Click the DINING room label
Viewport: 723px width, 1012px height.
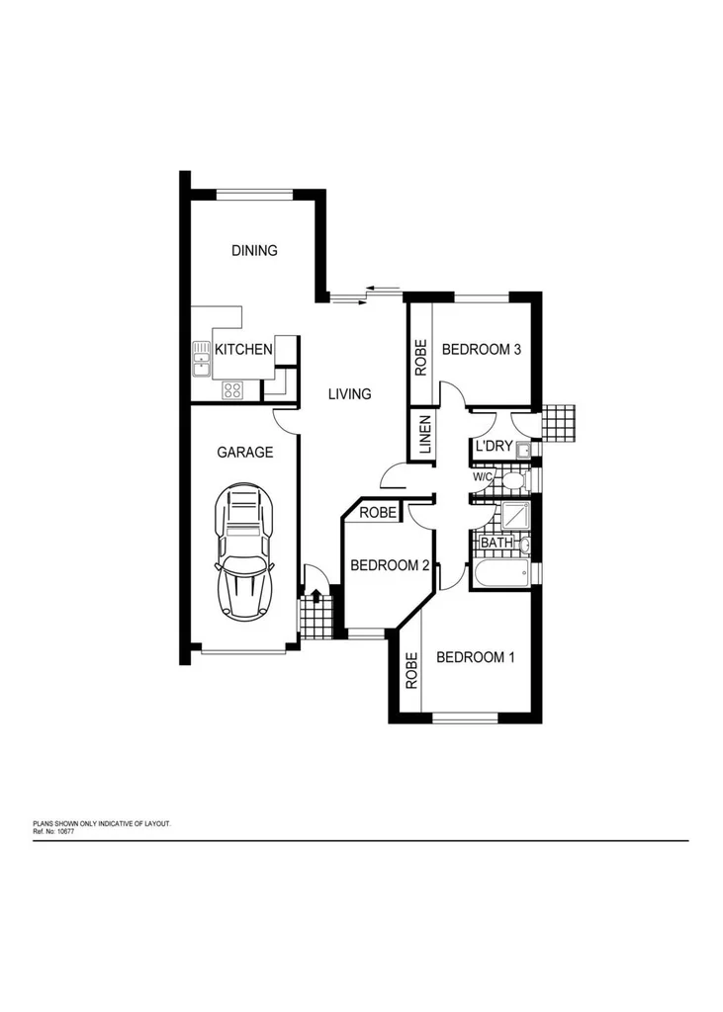point(254,250)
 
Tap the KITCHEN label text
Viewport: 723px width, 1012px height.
point(243,349)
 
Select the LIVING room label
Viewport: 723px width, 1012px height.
point(349,393)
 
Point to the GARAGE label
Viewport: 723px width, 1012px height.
point(244,452)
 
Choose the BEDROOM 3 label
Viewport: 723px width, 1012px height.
point(481,349)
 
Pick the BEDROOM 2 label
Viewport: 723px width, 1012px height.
point(390,565)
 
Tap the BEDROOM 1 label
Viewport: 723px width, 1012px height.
point(476,657)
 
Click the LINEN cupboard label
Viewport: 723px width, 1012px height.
point(425,435)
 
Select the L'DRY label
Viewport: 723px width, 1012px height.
point(494,447)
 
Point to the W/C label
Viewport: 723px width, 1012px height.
point(483,476)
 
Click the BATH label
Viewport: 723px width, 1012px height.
point(495,543)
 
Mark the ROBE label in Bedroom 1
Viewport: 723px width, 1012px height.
point(410,673)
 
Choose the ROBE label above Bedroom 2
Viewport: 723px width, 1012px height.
point(378,513)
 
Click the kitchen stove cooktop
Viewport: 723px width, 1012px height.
point(232,389)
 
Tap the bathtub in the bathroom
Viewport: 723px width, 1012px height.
point(502,575)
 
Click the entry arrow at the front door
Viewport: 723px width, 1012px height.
point(316,595)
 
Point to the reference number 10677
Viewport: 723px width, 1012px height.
point(64,831)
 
